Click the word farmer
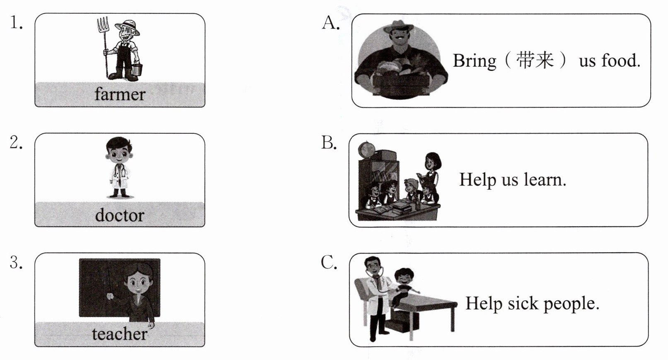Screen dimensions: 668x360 [x=120, y=94]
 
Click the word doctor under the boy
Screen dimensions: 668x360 [x=120, y=215]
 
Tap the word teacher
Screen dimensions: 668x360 [x=120, y=334]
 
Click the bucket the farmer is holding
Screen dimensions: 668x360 [x=137, y=69]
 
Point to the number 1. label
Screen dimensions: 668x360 [x=16, y=23]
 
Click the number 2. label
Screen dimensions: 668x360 [x=16, y=143]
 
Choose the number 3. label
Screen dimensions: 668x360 [x=16, y=263]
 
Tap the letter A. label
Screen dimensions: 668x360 [x=331, y=23]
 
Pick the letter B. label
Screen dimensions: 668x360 [x=329, y=143]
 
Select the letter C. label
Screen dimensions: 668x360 [x=329, y=263]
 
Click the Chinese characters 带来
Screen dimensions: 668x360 [x=535, y=60]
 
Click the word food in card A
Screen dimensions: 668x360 [x=621, y=60]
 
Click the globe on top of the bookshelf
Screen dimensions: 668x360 [x=366, y=149]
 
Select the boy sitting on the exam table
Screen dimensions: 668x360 [x=405, y=286]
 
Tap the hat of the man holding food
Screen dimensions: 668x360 [x=398, y=27]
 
